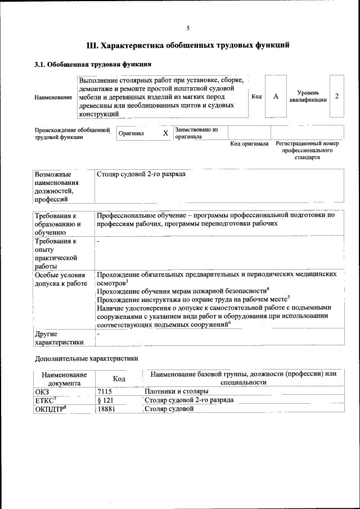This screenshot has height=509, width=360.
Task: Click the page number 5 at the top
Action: pos(188,28)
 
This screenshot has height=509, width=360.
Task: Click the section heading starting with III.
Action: pos(188,46)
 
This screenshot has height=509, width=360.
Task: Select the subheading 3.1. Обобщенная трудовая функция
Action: pos(93,65)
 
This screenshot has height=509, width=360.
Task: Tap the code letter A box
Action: pos(276,97)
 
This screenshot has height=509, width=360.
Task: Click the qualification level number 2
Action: pos(336,96)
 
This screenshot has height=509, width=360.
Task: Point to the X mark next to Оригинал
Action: pos(165,133)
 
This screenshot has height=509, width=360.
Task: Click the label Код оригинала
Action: pos(249,143)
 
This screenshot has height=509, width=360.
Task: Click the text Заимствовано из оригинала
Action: pos(196,133)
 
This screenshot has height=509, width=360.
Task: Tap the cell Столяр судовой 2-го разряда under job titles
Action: pos(141,174)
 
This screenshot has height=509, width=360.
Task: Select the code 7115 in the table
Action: pos(105,391)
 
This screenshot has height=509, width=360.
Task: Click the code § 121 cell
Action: pos(105,400)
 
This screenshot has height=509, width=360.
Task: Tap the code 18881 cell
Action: pos(106,409)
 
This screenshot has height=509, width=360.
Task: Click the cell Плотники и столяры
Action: pos(177,391)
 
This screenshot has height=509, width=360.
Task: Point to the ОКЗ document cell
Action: pos(42,391)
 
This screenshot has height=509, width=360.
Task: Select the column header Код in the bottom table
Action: pos(119,379)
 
